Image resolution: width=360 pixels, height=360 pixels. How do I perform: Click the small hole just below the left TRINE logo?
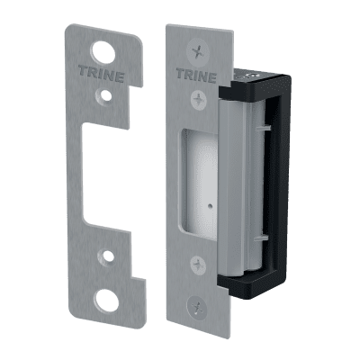click(107, 92)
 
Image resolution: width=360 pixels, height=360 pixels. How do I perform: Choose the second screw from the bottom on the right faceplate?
click(193, 265)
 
